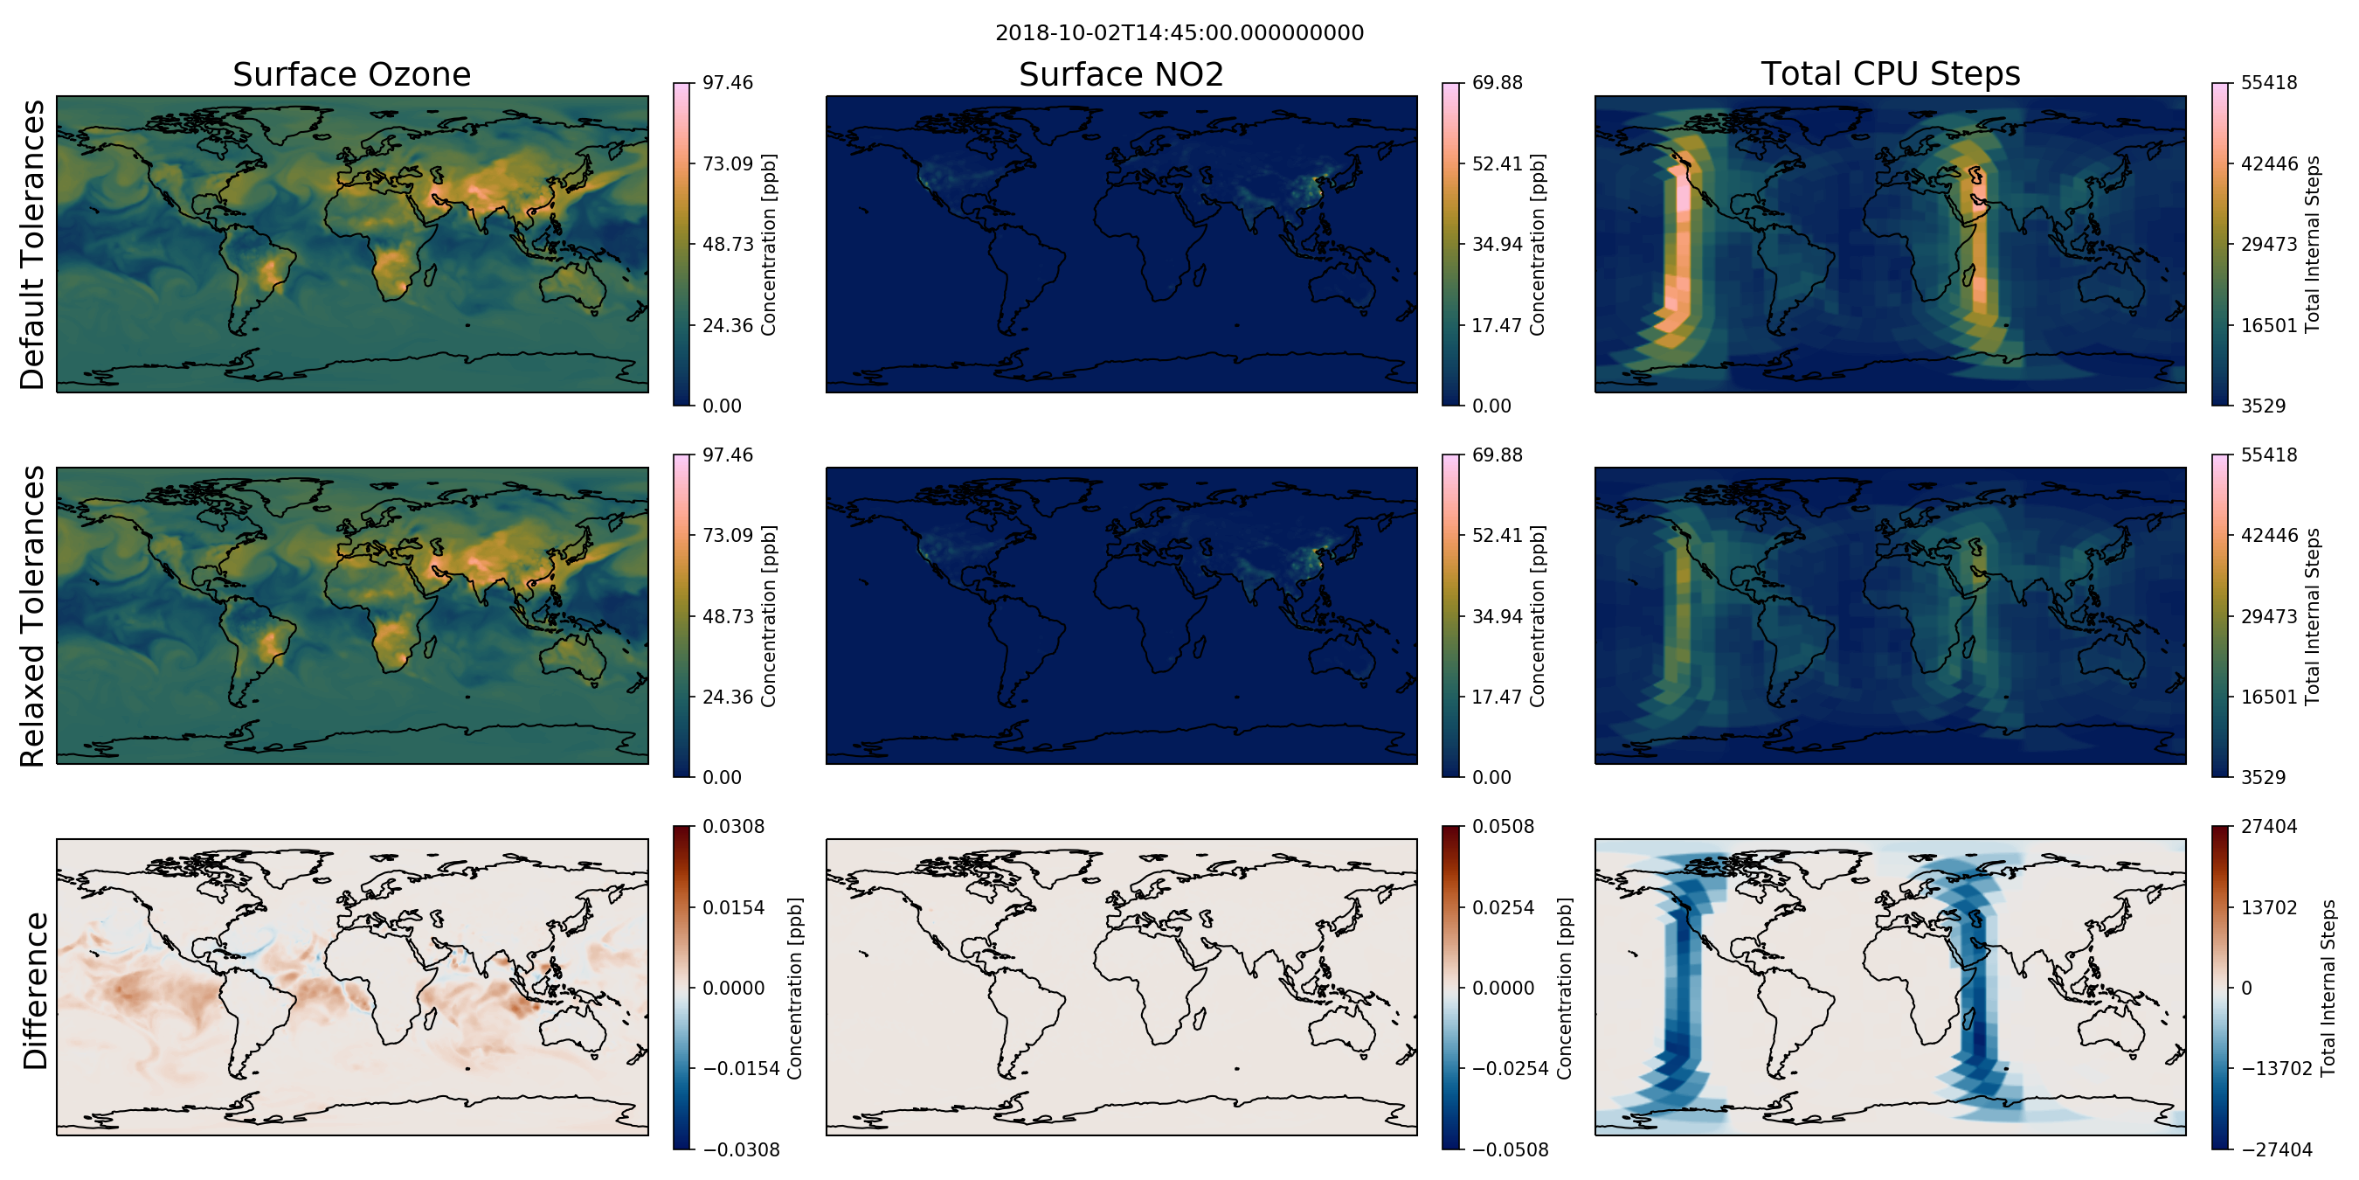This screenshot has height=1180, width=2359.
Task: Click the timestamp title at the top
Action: coord(1179,33)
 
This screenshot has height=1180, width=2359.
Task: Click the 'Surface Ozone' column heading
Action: coord(351,74)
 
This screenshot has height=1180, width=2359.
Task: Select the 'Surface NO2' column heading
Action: coord(1121,74)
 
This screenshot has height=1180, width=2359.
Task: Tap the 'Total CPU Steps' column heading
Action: coord(1890,73)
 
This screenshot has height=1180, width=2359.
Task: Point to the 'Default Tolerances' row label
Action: coord(32,245)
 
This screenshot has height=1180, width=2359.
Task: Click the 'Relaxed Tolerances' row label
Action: coord(32,615)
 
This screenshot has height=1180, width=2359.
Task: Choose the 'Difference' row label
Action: coord(34,990)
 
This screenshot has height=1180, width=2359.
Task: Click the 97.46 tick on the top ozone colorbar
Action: coord(727,82)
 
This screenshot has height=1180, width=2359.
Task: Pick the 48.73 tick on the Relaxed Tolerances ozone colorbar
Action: coord(727,615)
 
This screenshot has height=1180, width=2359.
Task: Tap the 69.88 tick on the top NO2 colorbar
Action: coord(1498,82)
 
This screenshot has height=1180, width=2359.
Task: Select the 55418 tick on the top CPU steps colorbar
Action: coord(2268,82)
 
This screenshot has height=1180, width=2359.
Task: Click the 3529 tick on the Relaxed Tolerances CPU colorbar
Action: coord(2263,777)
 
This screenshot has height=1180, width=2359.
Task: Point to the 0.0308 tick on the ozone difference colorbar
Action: coord(733,826)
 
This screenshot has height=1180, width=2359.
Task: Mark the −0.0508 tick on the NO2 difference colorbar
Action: coord(1509,1149)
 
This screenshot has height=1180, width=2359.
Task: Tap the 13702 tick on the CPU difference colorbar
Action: coord(2268,907)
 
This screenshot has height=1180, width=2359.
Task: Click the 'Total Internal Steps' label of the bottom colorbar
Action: coord(2328,988)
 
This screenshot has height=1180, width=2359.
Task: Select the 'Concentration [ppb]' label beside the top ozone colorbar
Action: coord(768,245)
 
